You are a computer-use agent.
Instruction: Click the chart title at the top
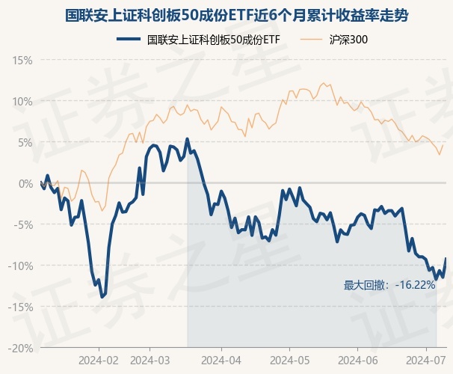[x=226, y=14]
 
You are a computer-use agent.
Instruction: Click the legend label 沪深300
[x=348, y=39]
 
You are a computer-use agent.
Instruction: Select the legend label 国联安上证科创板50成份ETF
[x=213, y=39]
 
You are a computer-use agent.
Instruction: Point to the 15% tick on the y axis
[x=22, y=60]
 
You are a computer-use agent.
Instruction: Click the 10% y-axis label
[x=22, y=101]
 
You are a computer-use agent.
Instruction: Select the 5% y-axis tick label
[x=25, y=142]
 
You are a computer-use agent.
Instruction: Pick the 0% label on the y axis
[x=25, y=183]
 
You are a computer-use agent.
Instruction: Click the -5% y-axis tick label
[x=23, y=224]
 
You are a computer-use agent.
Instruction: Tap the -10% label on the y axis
[x=20, y=266]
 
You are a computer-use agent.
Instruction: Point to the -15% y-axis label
[x=20, y=307]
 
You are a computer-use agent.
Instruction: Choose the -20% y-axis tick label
[x=20, y=348]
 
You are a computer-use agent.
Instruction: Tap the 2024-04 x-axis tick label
[x=222, y=359]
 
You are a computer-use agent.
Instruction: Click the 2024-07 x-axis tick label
[x=420, y=359]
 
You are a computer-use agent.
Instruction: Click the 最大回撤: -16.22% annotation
[x=389, y=285]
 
